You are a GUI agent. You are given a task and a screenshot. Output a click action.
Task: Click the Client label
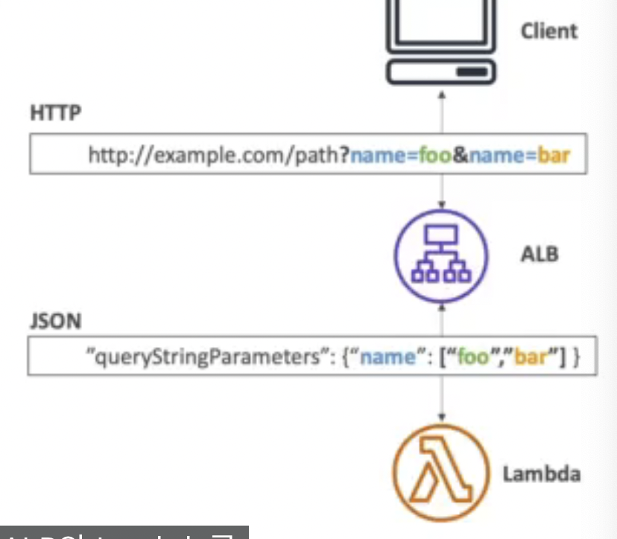click(x=549, y=31)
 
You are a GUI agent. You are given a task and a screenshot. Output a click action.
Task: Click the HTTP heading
click(x=56, y=114)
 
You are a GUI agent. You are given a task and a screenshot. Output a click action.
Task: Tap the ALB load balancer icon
click(x=441, y=255)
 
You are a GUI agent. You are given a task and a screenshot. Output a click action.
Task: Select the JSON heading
click(x=56, y=322)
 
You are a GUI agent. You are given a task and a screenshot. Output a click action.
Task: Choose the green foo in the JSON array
click(x=472, y=357)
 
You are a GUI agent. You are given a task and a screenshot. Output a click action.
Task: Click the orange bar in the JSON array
click(x=530, y=357)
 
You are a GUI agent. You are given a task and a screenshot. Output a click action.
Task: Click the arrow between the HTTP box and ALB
click(x=441, y=192)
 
